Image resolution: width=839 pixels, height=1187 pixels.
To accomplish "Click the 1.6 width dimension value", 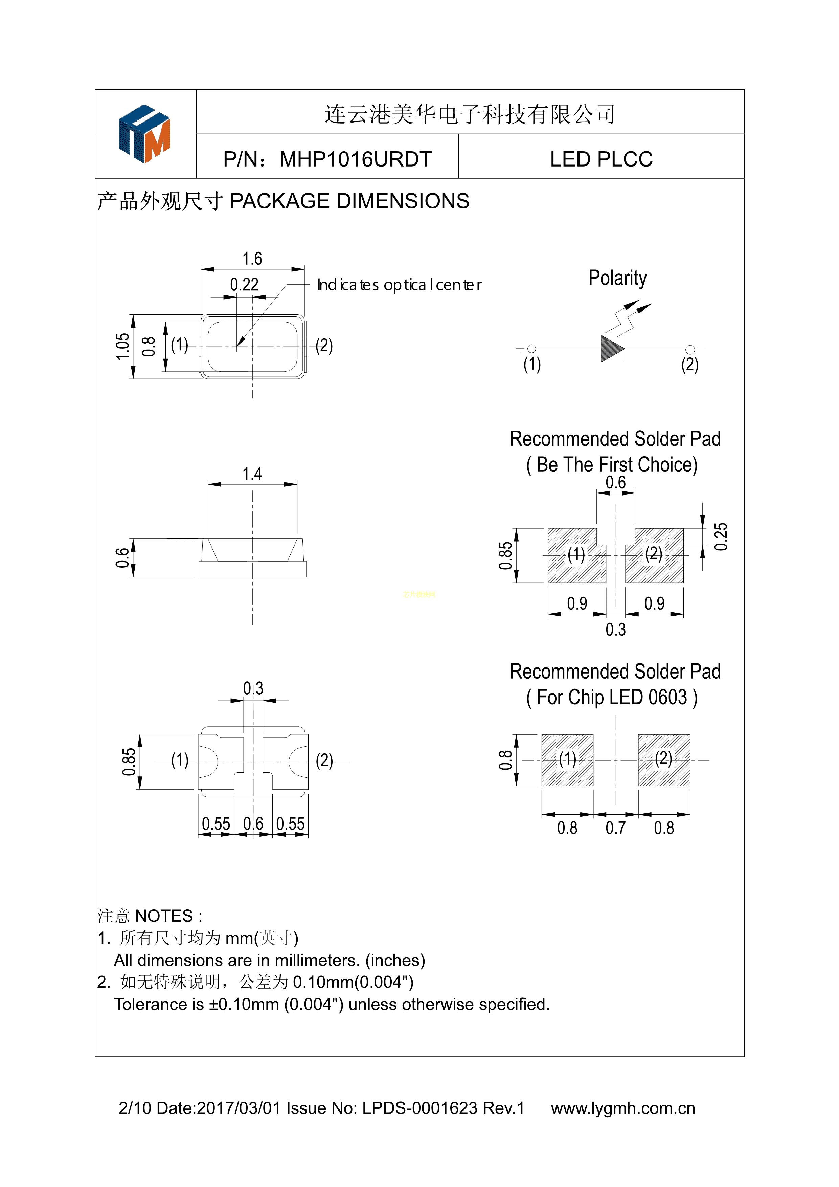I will click(252, 259).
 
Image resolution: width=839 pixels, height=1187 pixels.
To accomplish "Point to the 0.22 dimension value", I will click(244, 284).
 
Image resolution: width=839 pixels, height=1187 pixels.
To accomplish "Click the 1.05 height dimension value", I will click(122, 346).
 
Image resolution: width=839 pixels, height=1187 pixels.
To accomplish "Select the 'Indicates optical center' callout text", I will click(399, 285).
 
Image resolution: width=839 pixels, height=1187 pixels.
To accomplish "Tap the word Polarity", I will click(617, 278).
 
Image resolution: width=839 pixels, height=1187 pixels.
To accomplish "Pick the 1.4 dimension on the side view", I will click(252, 474).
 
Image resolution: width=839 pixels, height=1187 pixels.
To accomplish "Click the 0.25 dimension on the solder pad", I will click(720, 536).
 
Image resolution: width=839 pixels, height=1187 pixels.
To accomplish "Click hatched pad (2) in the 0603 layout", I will click(664, 760).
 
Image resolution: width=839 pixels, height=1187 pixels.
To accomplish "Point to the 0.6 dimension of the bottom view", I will click(253, 823).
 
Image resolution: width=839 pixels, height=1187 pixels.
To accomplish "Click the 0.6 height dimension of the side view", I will click(122, 558).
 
